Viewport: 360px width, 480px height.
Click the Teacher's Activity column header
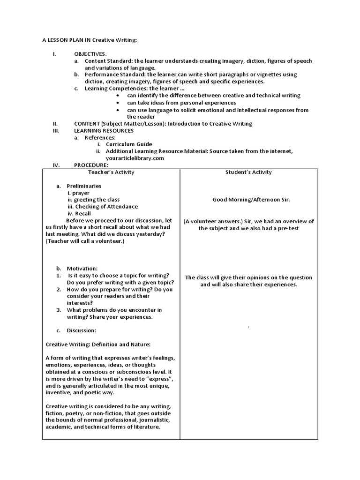click(x=111, y=172)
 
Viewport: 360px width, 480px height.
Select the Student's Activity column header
click(x=248, y=172)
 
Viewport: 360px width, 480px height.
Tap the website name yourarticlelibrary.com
click(x=135, y=158)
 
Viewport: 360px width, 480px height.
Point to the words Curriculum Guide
click(x=129, y=144)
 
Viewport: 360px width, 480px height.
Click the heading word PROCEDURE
click(x=91, y=165)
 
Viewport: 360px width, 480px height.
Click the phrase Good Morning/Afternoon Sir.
click(x=251, y=200)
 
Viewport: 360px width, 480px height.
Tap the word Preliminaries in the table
click(x=84, y=186)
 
